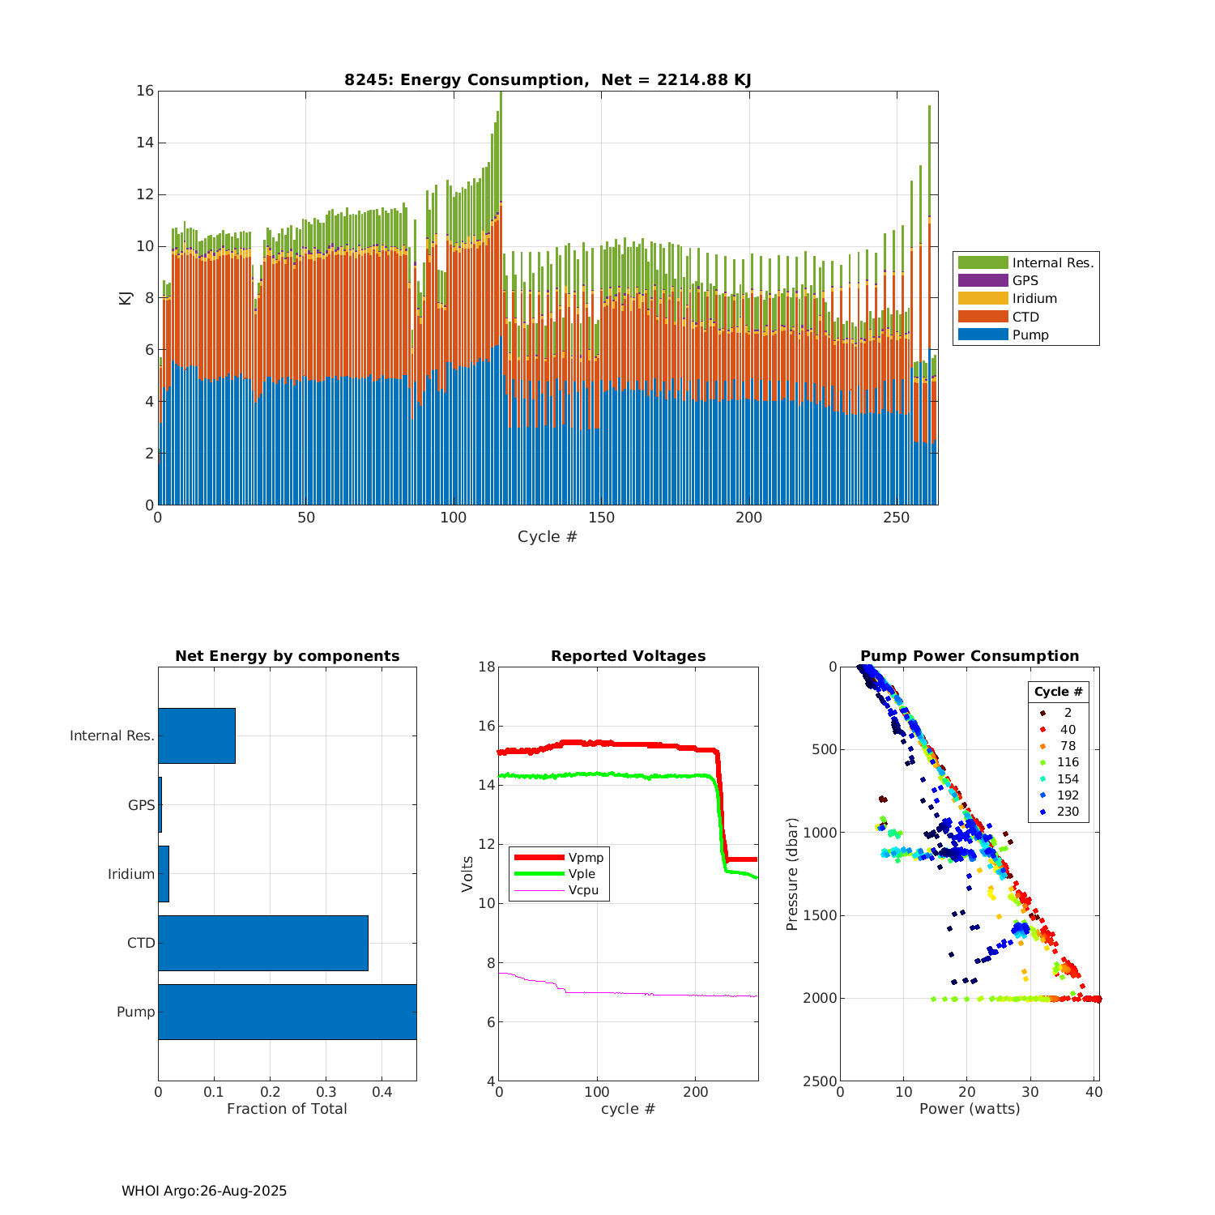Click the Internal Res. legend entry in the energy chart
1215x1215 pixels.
click(1025, 262)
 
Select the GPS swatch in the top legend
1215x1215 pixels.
click(983, 280)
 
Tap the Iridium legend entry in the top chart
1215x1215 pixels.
click(1025, 299)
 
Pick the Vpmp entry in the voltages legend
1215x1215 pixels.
click(559, 858)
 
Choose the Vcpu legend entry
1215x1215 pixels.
click(559, 890)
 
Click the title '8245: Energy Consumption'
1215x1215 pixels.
click(548, 79)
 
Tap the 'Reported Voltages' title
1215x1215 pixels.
click(628, 656)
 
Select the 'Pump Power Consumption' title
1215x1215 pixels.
click(970, 656)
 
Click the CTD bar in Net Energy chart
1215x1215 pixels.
click(262, 943)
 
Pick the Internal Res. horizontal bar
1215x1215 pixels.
click(197, 735)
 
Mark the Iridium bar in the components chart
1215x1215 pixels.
click(164, 874)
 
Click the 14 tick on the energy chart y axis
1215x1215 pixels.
click(145, 143)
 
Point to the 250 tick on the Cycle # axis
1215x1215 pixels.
click(897, 518)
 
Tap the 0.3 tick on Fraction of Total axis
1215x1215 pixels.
click(326, 1092)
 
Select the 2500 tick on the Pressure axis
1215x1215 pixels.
click(821, 1081)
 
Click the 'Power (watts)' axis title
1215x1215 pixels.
click(970, 1109)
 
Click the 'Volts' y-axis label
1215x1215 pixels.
click(467, 874)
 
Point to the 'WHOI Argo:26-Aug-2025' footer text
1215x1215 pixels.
click(204, 1191)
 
